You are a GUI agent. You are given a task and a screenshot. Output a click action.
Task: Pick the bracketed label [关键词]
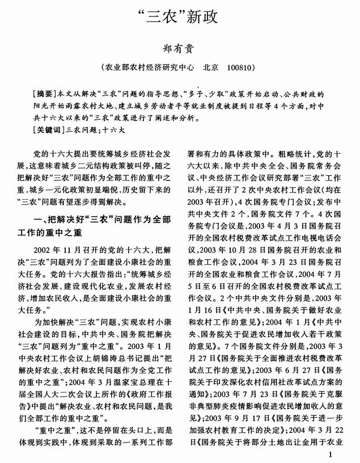(x=49, y=131)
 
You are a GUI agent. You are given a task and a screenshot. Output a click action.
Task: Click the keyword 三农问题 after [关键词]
(x=83, y=131)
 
